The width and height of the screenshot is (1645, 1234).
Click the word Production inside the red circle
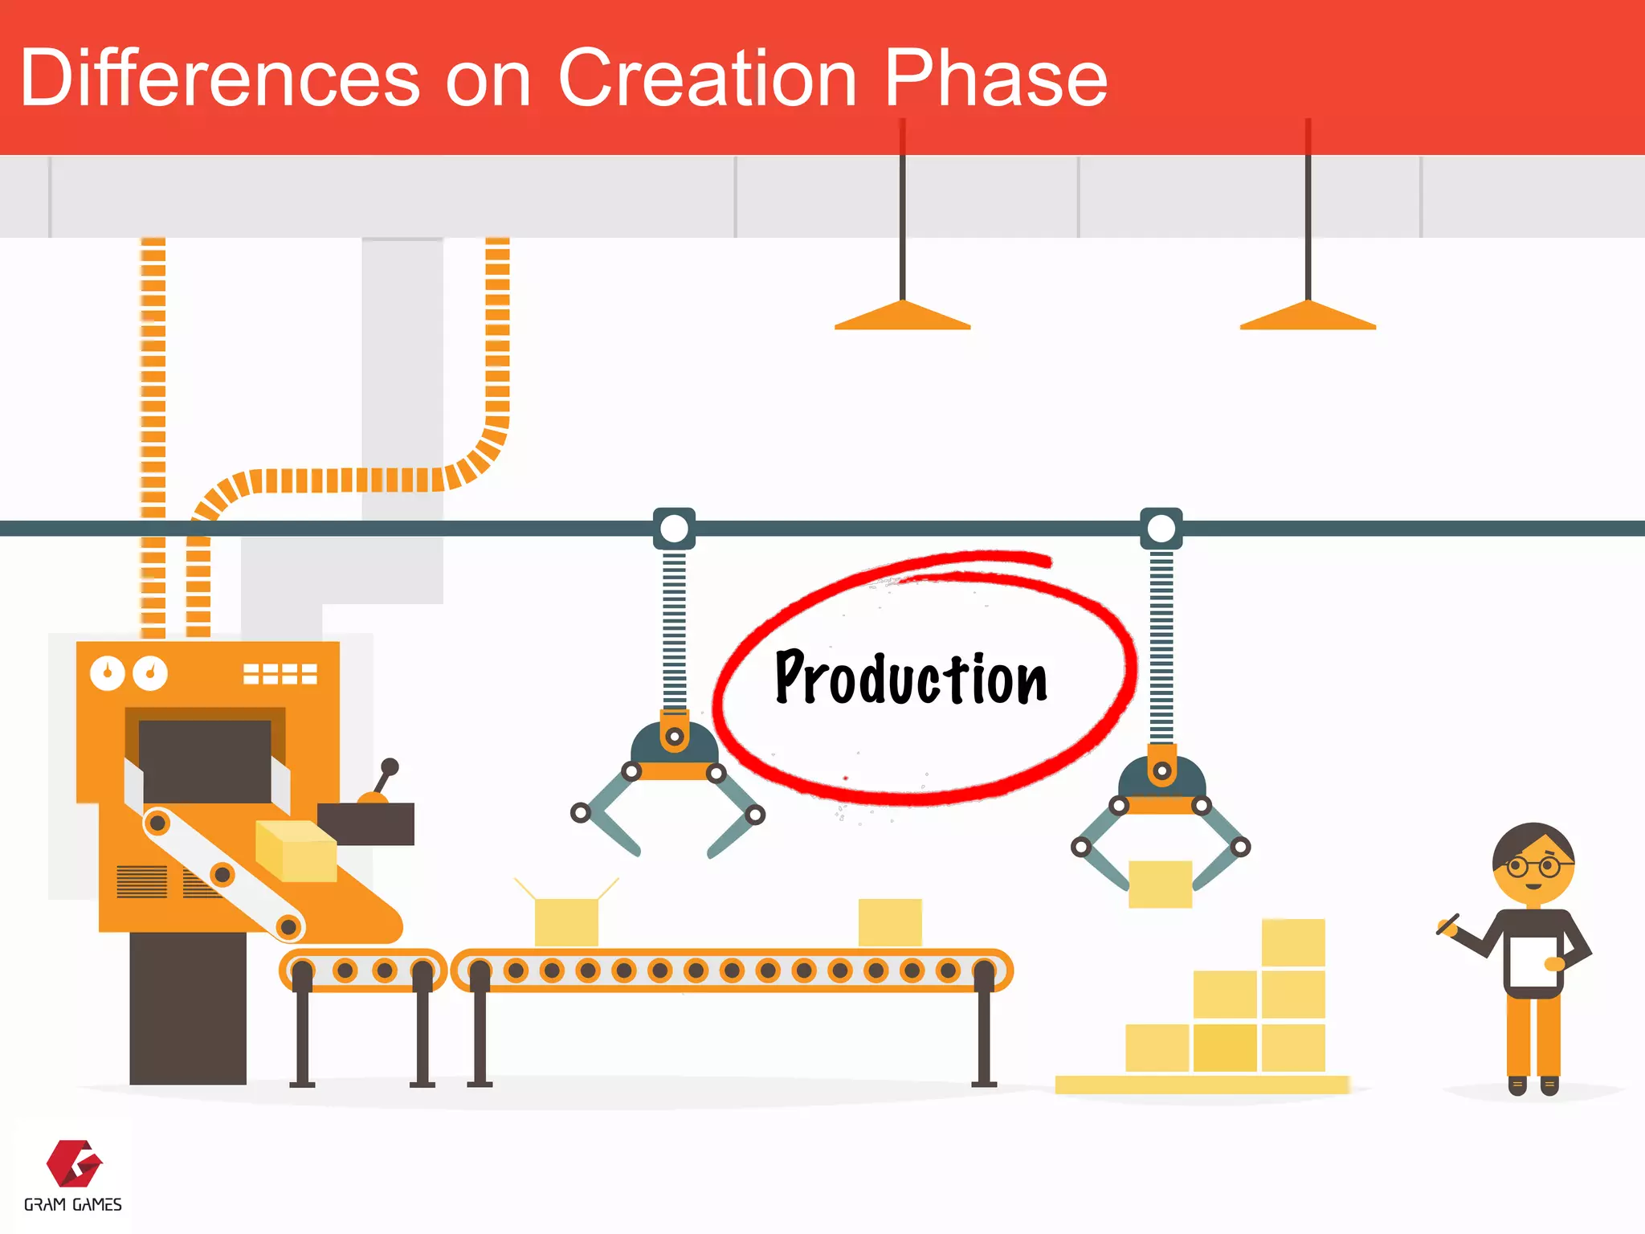click(x=911, y=679)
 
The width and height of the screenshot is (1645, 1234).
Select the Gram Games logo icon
click(x=73, y=1162)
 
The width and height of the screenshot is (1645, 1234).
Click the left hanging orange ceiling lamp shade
click(x=902, y=317)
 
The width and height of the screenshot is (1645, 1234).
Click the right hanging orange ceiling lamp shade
click(x=1308, y=317)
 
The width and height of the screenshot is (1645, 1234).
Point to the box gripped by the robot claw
click(x=1160, y=885)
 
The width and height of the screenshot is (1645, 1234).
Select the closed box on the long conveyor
click(x=890, y=922)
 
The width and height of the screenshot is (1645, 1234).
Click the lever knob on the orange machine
click(x=390, y=766)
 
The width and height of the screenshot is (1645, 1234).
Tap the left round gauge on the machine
click(x=107, y=673)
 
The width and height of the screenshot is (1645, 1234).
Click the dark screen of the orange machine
click(x=205, y=760)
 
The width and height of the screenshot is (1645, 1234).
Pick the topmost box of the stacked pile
click(x=1292, y=942)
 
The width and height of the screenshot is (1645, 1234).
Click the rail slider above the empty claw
click(x=674, y=529)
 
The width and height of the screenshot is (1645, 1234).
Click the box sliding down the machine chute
click(x=296, y=852)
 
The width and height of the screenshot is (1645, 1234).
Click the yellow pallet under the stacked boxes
click(x=1202, y=1085)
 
